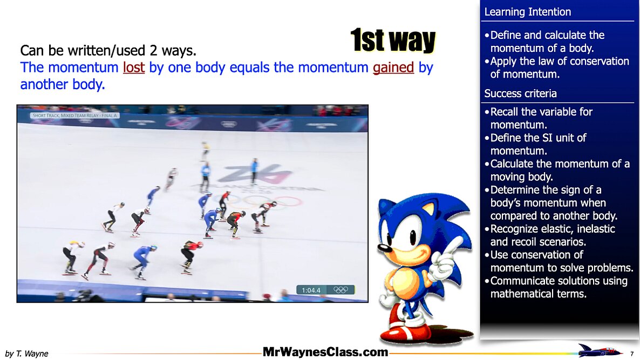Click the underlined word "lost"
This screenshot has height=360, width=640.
(x=134, y=67)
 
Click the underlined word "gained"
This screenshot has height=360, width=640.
(x=393, y=67)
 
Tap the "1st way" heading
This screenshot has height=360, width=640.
(x=393, y=40)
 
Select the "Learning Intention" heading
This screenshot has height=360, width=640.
(x=527, y=12)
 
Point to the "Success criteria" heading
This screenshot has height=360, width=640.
(x=520, y=93)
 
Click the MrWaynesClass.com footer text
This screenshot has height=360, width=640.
(x=325, y=352)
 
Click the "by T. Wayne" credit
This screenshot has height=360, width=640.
(x=26, y=354)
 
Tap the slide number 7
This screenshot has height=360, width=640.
(x=632, y=354)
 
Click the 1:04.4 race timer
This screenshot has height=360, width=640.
(x=311, y=290)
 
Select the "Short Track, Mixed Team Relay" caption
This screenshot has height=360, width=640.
(x=74, y=116)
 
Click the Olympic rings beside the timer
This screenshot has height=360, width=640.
(x=341, y=290)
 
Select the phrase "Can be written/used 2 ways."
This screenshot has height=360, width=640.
(x=108, y=51)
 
